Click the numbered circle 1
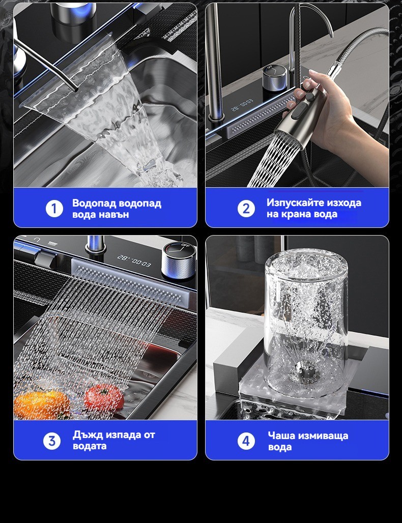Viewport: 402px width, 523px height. coord(54,209)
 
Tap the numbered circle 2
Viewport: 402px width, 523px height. coord(246,209)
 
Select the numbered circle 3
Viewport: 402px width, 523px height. coord(52,441)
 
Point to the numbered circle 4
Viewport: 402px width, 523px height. coord(246,441)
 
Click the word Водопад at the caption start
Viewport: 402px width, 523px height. coord(94,203)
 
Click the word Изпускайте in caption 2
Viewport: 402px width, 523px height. coord(295,203)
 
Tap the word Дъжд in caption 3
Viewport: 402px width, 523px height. coord(88,435)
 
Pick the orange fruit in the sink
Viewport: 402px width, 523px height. coord(42,405)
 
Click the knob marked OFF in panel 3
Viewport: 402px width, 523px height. coord(178,261)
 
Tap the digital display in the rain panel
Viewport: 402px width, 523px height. coord(134,261)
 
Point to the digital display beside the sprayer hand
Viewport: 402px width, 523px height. coord(242,104)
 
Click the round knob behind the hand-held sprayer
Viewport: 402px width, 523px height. coord(274,78)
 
